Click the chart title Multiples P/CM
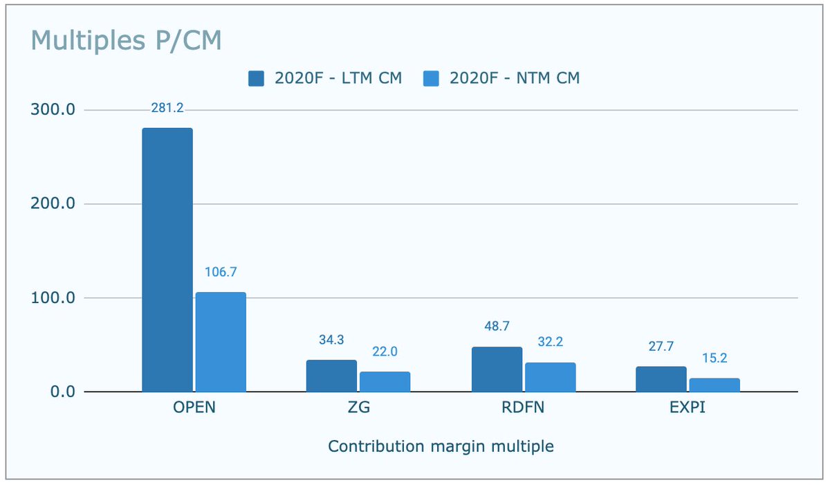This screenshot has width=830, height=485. click(x=127, y=41)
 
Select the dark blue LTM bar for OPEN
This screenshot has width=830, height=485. click(x=167, y=259)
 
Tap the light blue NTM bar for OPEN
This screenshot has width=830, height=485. click(x=221, y=342)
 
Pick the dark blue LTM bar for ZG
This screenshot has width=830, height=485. click(x=332, y=376)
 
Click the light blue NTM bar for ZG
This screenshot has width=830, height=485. click(x=385, y=382)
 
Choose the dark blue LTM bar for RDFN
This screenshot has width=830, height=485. click(x=497, y=369)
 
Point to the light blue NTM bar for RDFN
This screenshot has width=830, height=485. click(x=550, y=377)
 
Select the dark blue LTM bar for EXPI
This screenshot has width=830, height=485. click(x=661, y=379)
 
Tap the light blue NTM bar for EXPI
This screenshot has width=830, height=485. click(x=714, y=385)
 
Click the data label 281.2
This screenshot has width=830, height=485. click(x=167, y=108)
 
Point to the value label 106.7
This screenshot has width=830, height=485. click(x=221, y=273)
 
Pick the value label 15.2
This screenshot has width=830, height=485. click(x=714, y=358)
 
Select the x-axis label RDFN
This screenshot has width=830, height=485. click(x=524, y=408)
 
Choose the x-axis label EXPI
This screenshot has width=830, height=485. click(x=688, y=408)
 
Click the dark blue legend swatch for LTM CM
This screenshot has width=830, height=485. click(x=256, y=78)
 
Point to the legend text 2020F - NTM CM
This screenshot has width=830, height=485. click(x=515, y=78)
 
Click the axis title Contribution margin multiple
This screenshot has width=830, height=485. click(x=441, y=446)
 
